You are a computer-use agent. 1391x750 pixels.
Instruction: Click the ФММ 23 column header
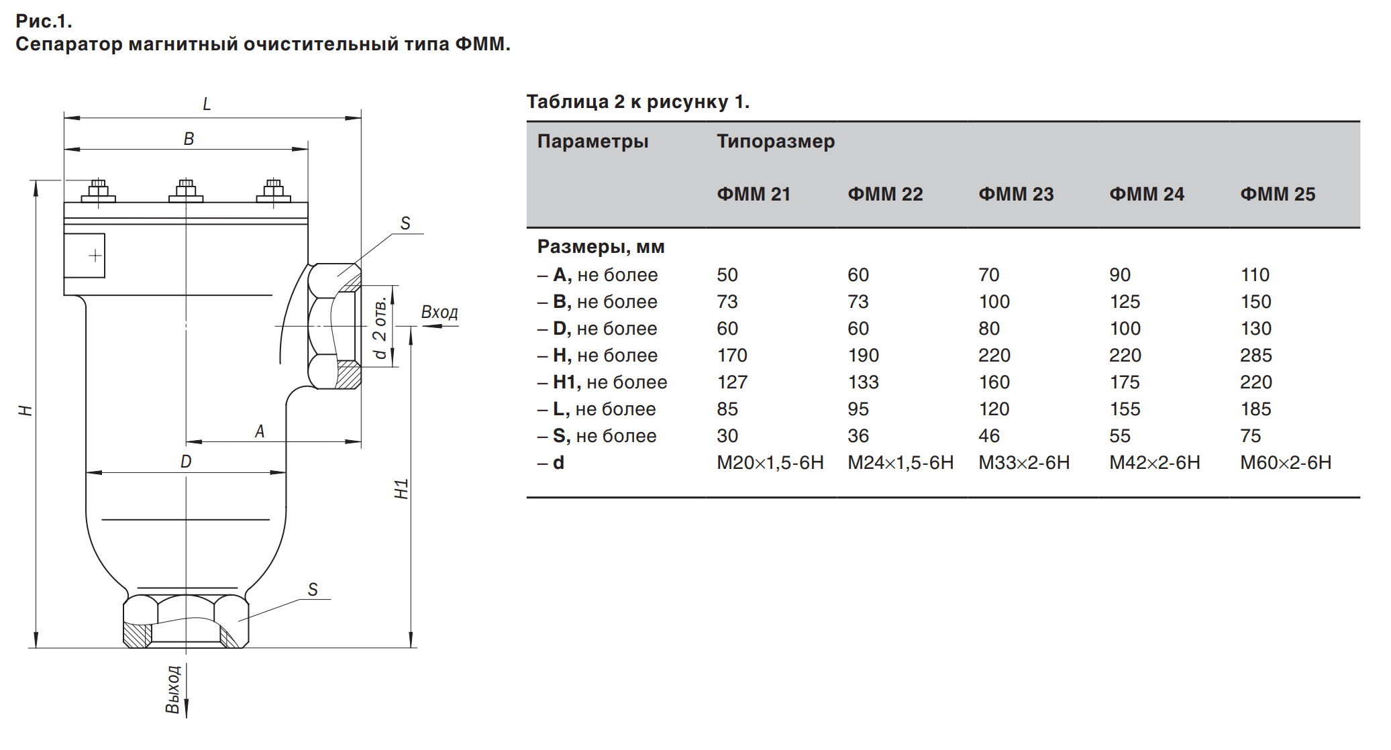pyautogui.click(x=1016, y=194)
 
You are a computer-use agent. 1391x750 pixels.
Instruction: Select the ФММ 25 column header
pyautogui.click(x=1278, y=194)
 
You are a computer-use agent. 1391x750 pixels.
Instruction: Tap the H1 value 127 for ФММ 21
pyautogui.click(x=732, y=382)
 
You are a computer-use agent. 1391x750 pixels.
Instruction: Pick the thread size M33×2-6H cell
pyautogui.click(x=1024, y=462)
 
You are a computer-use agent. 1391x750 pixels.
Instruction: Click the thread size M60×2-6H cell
pyautogui.click(x=1286, y=462)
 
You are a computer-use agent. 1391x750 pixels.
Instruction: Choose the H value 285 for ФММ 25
pyautogui.click(x=1256, y=355)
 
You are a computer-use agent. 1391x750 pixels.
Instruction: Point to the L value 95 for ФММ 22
pyautogui.click(x=858, y=409)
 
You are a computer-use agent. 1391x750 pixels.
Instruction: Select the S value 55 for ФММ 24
pyautogui.click(x=1120, y=435)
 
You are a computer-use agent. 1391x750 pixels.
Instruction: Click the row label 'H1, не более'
pyautogui.click(x=610, y=382)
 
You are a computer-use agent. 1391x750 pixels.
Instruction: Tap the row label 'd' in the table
pyautogui.click(x=558, y=462)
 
